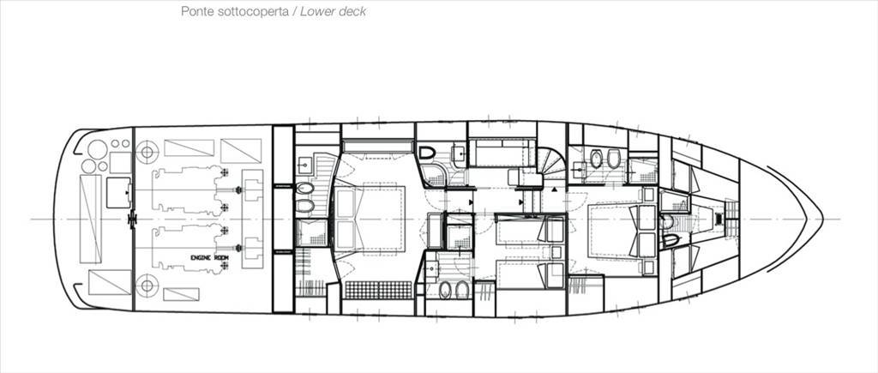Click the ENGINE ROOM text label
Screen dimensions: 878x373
(x=209, y=257)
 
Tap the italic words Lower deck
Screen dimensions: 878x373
(x=334, y=12)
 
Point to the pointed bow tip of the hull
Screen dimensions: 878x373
(x=822, y=219)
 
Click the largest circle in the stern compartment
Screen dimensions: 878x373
(x=98, y=149)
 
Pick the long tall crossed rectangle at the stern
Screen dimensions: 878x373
(x=91, y=219)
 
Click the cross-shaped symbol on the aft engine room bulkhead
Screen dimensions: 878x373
(x=133, y=219)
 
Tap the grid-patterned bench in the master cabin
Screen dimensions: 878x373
(x=378, y=290)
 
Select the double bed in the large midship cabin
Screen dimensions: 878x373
(x=370, y=219)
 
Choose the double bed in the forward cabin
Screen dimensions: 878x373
(x=622, y=231)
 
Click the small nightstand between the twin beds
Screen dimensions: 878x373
(x=556, y=251)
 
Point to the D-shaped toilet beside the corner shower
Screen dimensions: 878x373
(x=427, y=153)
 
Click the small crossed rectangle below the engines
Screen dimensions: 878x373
(x=181, y=294)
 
